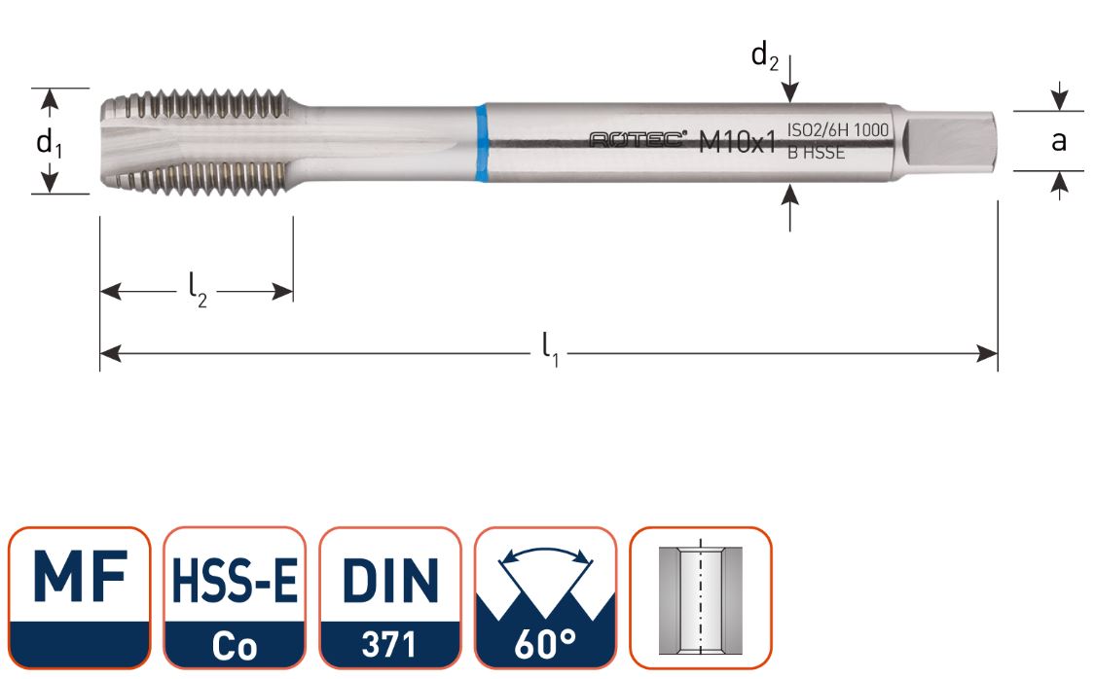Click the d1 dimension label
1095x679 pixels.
pyautogui.click(x=48, y=144)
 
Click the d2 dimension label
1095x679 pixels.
pyautogui.click(x=764, y=56)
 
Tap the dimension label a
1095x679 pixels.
pyautogui.click(x=1058, y=142)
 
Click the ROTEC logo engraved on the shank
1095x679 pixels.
pyautogui.click(x=639, y=141)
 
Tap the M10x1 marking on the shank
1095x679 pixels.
pyautogui.click(x=737, y=143)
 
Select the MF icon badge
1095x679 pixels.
pyautogui.click(x=80, y=596)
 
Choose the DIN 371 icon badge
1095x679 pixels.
pyautogui.click(x=389, y=596)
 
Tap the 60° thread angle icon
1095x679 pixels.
pyautogui.click(x=545, y=596)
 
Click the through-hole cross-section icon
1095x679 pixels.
pyautogui.click(x=700, y=596)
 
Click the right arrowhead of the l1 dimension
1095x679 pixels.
pyautogui.click(x=988, y=353)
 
